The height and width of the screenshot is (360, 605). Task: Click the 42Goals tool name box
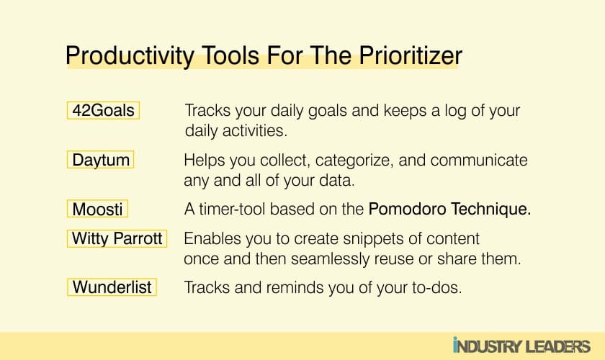tap(103, 111)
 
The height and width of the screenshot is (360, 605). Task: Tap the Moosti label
tap(98, 210)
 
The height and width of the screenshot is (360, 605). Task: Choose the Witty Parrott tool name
tap(117, 238)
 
